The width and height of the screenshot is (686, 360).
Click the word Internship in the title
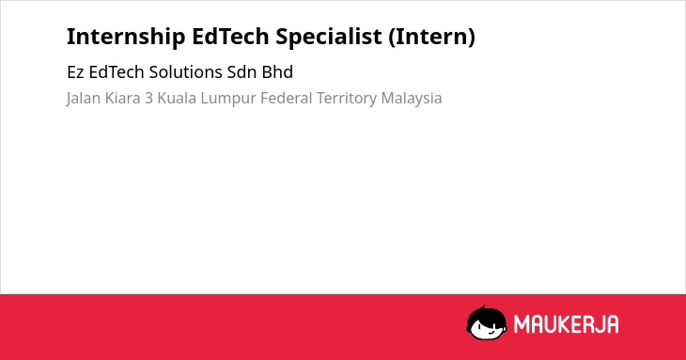126,37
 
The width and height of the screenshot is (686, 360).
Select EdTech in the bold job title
230,36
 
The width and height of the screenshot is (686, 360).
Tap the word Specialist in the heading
329,37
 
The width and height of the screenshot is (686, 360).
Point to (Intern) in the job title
432,37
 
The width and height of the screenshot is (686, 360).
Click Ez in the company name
75,72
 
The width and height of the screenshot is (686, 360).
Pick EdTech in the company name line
117,72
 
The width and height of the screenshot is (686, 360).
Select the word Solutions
185,72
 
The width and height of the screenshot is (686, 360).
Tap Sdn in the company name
242,72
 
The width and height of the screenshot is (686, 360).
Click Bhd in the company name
277,72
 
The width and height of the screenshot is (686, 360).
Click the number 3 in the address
149,99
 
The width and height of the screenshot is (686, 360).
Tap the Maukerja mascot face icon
487,323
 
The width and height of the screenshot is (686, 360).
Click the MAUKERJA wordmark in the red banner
566,324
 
